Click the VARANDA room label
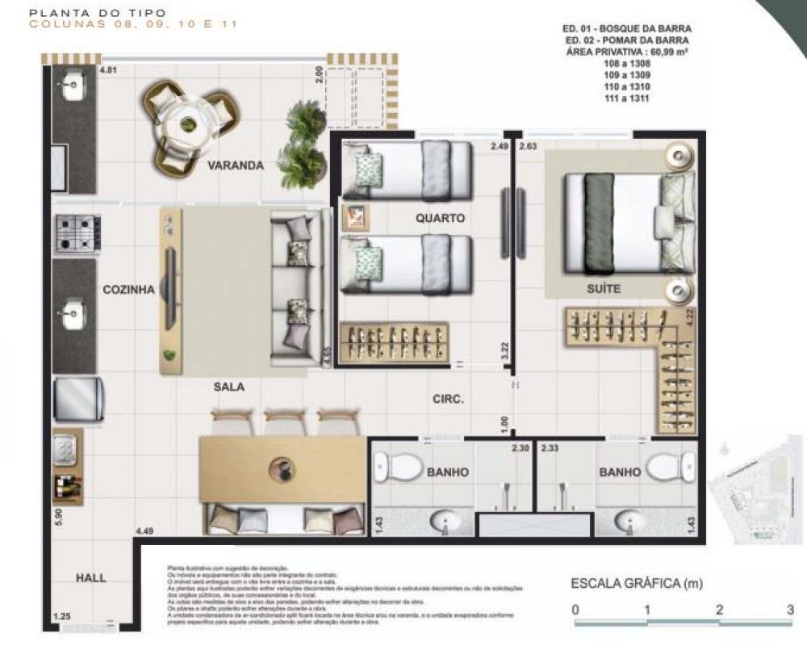235,166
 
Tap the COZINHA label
128,290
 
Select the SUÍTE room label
604,289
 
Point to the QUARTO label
440,218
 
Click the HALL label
90,578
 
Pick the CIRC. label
448,398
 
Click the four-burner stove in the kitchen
77,233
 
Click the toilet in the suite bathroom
671,466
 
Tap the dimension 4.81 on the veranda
108,71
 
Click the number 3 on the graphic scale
791,610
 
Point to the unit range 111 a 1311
628,98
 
